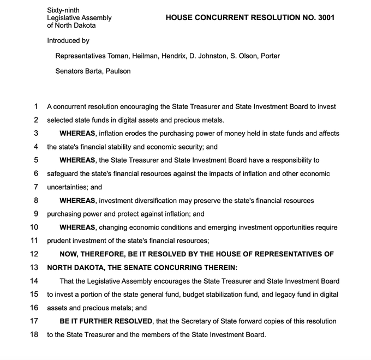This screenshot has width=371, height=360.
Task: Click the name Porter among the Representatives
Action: click(270, 56)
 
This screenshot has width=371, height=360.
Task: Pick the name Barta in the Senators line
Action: click(94, 71)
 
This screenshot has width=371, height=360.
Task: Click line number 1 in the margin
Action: click(35, 106)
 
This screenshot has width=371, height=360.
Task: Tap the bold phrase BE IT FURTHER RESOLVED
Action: click(106, 321)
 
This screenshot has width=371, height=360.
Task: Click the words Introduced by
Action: click(68, 40)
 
